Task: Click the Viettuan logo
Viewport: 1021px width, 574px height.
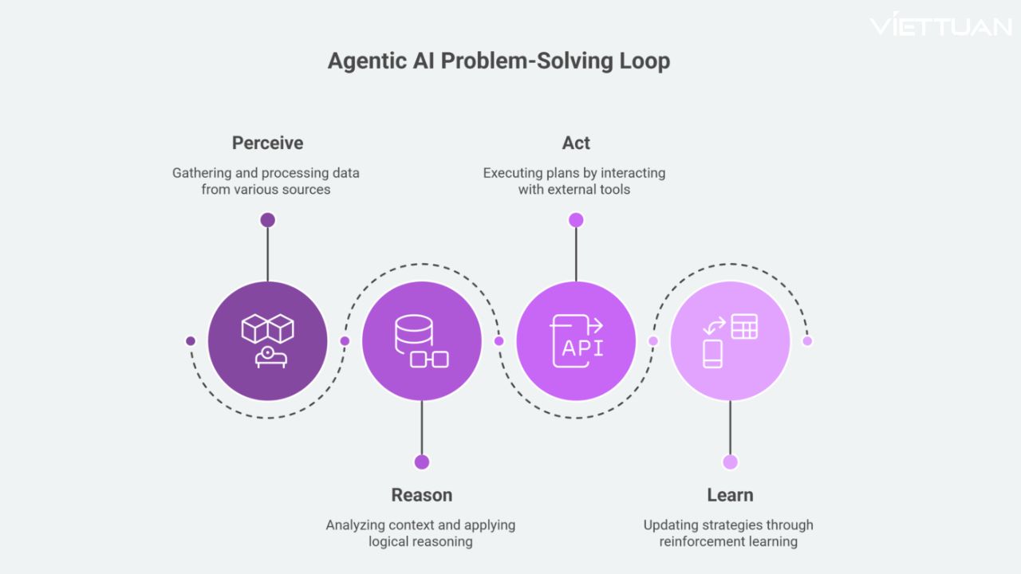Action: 940,26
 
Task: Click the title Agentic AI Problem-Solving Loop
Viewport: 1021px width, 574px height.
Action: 499,61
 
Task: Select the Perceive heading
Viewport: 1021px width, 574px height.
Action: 267,143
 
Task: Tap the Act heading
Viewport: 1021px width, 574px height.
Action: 576,143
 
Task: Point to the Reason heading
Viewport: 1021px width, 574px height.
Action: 421,495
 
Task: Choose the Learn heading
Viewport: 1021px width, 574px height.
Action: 730,495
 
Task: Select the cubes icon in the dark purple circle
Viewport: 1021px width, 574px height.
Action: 268,328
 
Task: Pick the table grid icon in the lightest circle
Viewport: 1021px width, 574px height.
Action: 744,326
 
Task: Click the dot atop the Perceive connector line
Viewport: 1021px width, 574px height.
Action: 267,219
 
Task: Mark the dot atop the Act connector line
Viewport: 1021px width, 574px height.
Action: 576,219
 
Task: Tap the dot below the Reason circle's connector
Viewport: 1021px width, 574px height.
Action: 422,462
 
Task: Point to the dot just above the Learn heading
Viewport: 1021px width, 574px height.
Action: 730,462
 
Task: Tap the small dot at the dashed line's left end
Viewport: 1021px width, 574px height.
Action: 191,340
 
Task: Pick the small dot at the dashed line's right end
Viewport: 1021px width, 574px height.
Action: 807,340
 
